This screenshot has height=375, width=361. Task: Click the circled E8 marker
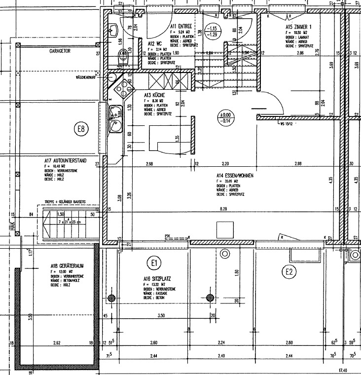82,130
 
